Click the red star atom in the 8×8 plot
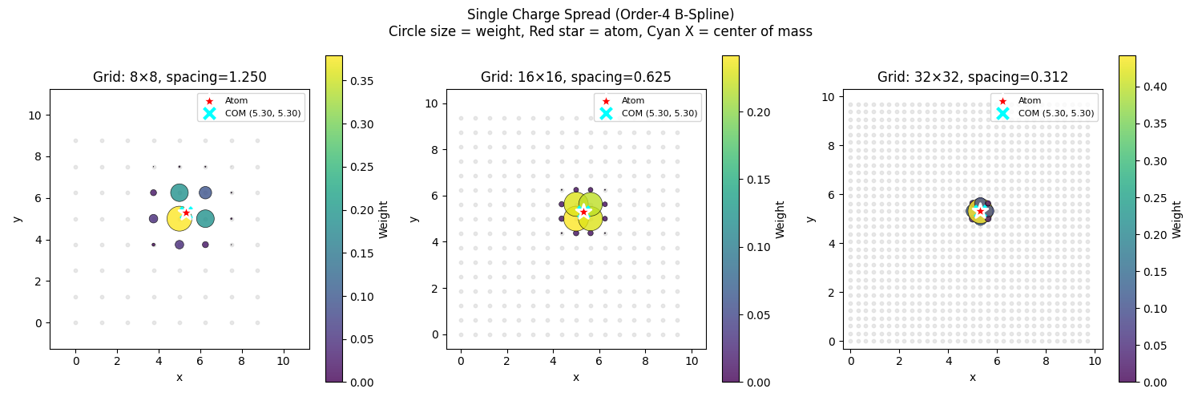[186, 213]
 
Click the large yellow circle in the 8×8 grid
[178, 219]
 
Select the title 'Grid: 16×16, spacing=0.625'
[575, 78]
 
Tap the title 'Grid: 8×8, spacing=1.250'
[179, 78]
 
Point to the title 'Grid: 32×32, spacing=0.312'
[972, 78]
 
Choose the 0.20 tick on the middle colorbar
[754, 112]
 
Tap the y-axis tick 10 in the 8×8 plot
[37, 115]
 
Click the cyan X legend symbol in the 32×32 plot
[1002, 113]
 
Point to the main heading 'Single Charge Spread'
[600, 14]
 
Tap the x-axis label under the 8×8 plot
[179, 377]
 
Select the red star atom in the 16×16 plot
[583, 212]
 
